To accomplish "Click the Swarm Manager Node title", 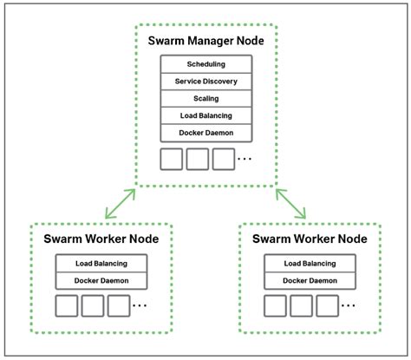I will tap(205, 40).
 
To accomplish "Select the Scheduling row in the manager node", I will tap(205, 64).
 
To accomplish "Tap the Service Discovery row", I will tap(205, 82).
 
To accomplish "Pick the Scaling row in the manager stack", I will tap(205, 98).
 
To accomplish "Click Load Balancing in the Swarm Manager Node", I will tap(205, 115).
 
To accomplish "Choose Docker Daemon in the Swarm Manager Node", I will tap(205, 133).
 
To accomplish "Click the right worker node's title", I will tap(310, 239).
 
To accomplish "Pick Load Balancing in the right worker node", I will tap(310, 264).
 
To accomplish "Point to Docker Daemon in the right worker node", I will tap(310, 281).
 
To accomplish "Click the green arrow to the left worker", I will tap(119, 202).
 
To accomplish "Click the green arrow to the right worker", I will tap(290, 202).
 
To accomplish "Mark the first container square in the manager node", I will tap(172, 159).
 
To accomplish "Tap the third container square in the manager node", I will tap(224, 159).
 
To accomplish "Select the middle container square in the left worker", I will tap(93, 306).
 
